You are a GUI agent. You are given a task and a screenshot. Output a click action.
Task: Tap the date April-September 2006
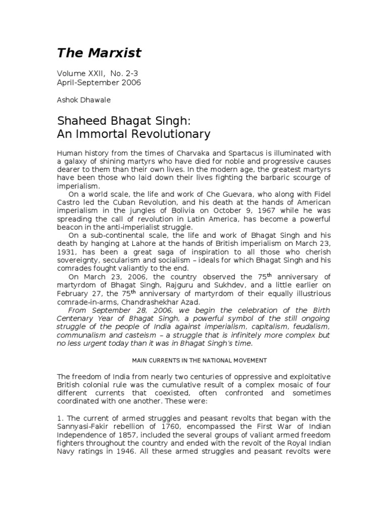point(99,82)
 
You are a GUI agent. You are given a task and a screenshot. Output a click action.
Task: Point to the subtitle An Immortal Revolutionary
point(133,134)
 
